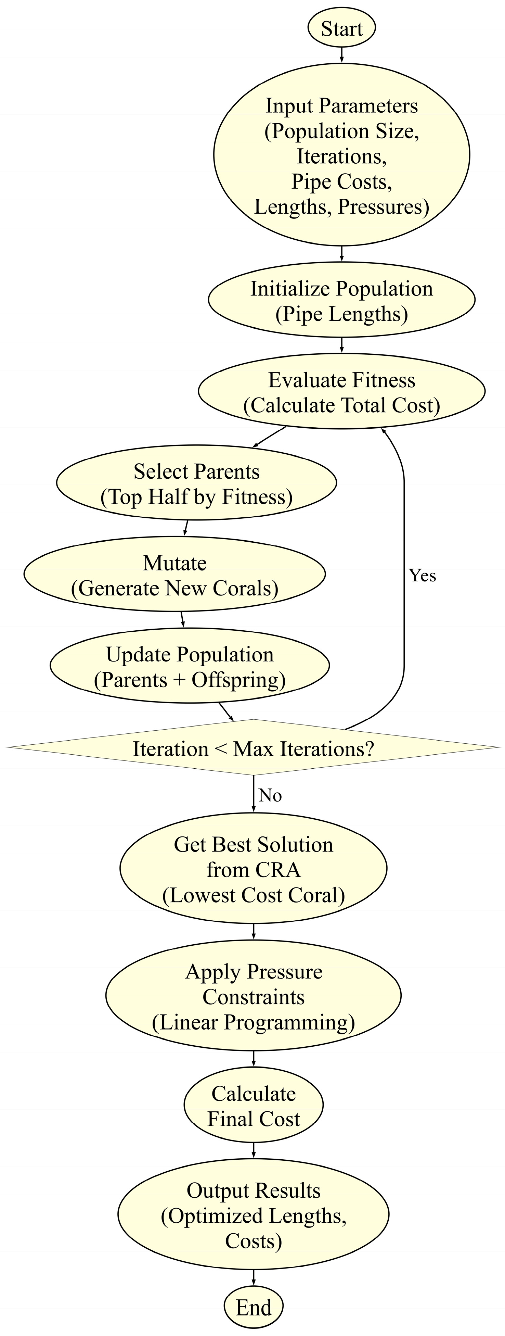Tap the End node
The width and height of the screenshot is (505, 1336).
[x=254, y=1307]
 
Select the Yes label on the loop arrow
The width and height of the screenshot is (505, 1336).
[x=422, y=576]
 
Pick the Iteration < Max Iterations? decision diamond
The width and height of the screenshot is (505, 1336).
[x=254, y=748]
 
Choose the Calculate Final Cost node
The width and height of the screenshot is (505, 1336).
[x=254, y=1106]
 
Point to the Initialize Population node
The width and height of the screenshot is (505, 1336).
[x=342, y=301]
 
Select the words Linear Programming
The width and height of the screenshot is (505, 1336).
[x=254, y=1022]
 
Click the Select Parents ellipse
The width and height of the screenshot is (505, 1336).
[x=196, y=483]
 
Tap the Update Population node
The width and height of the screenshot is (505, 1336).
[x=190, y=666]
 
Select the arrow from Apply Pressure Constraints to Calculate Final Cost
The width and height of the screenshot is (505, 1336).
[x=254, y=1059]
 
